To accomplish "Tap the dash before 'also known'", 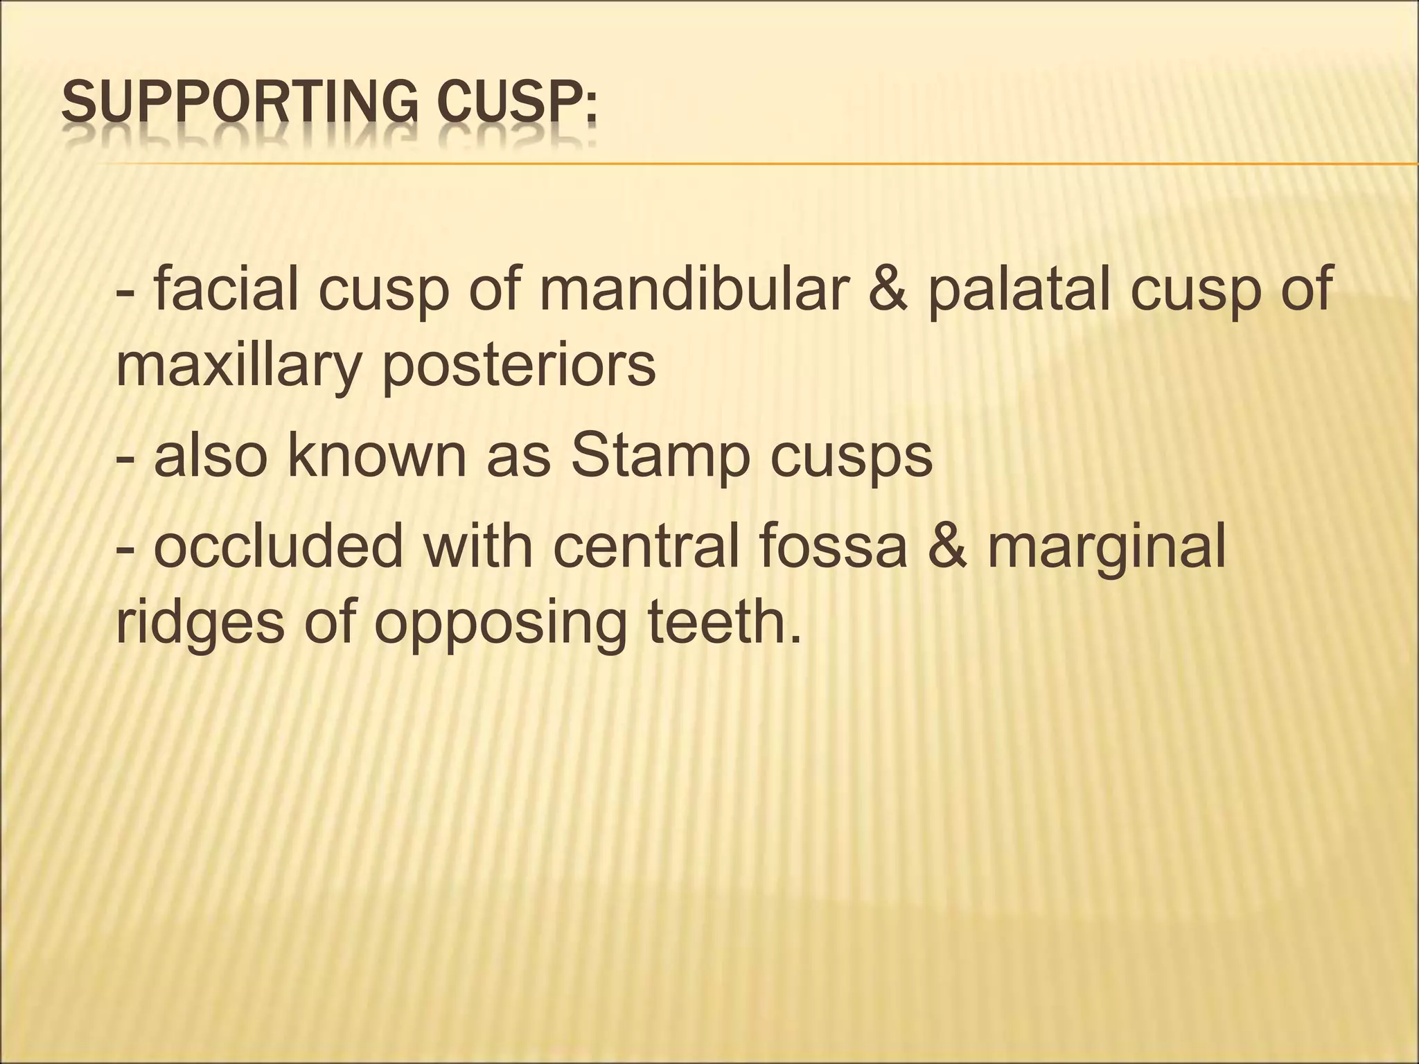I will click(126, 459).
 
